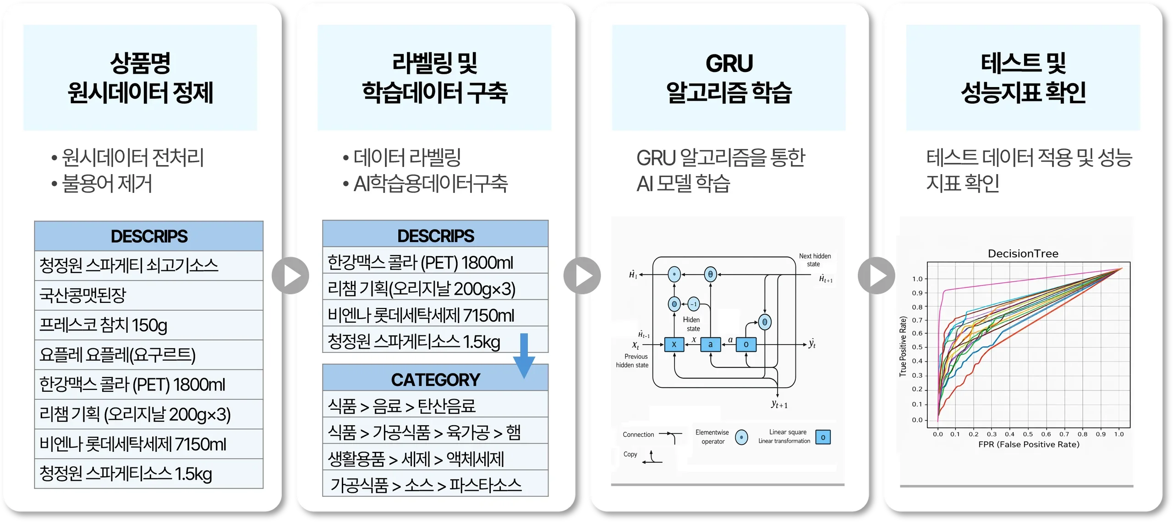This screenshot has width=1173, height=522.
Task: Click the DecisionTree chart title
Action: click(1023, 253)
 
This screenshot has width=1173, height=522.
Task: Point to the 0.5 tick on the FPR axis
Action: click(1028, 434)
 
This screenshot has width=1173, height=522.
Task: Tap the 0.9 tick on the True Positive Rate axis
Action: click(917, 293)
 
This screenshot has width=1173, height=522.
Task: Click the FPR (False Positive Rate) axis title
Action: click(1029, 445)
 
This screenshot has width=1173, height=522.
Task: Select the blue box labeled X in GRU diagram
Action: click(674, 344)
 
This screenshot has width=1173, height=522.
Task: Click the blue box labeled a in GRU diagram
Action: click(710, 344)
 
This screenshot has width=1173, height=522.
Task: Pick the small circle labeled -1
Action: click(693, 304)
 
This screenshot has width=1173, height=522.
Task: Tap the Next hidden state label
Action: click(814, 260)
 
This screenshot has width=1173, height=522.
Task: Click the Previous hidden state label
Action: click(632, 361)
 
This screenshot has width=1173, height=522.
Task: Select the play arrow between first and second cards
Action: click(290, 275)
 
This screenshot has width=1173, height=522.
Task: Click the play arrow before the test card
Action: click(876, 275)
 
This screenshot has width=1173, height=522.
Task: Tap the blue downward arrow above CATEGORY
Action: click(524, 355)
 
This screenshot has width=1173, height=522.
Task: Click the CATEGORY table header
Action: click(435, 379)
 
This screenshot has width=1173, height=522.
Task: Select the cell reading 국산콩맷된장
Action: click(82, 295)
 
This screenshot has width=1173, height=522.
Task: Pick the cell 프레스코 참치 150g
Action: click(103, 325)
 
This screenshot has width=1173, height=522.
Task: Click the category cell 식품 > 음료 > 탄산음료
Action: click(401, 406)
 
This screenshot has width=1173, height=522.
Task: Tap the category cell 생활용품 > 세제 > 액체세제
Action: click(416, 459)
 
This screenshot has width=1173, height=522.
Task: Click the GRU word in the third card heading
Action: click(729, 63)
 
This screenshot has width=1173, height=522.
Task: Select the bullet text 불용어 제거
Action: click(106, 184)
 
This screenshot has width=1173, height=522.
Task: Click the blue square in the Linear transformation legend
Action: click(823, 437)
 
